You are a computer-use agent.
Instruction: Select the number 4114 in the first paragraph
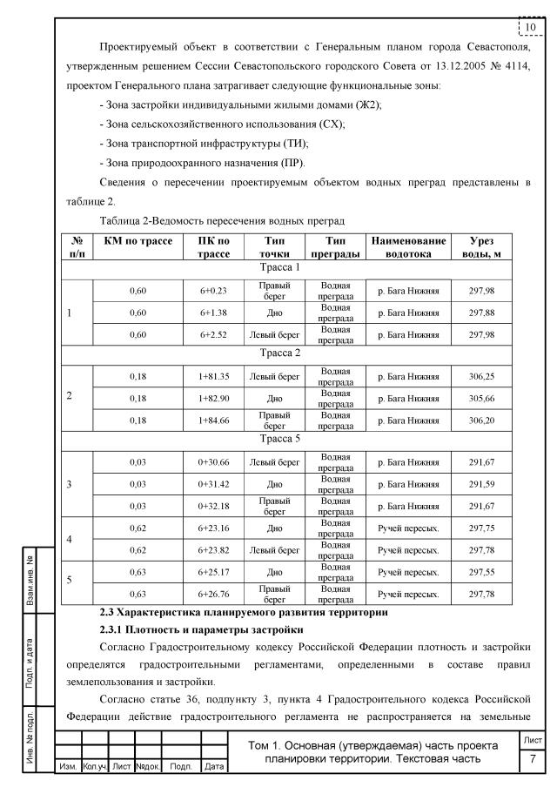[x=514, y=65]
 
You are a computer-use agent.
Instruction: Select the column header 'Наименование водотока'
[x=408, y=246]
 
